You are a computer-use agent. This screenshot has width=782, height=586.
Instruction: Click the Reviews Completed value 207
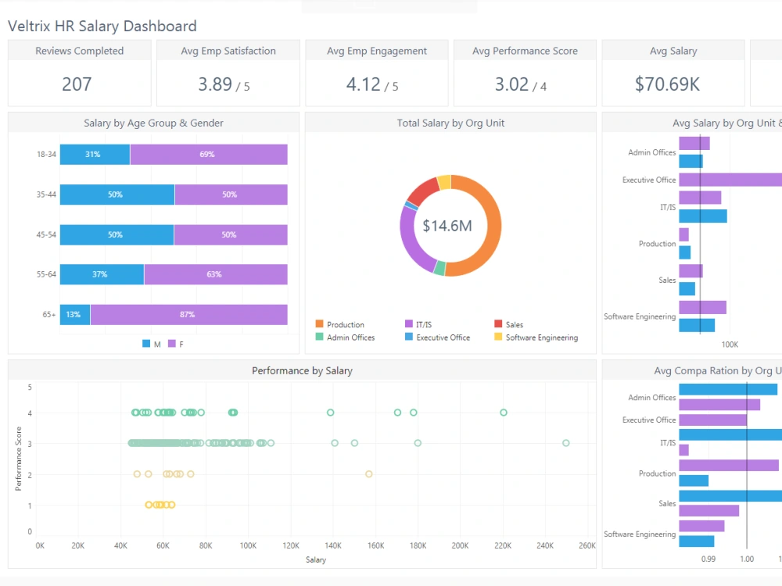[x=77, y=84]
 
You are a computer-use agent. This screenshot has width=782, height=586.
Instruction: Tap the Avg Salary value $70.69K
[x=667, y=84]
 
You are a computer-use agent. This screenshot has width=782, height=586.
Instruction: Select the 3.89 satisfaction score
[x=215, y=84]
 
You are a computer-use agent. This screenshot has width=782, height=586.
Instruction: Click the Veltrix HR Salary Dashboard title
[x=102, y=27]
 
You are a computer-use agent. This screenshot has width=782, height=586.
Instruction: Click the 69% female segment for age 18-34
[x=207, y=155]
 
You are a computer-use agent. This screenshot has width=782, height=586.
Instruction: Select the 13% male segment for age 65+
[x=74, y=315]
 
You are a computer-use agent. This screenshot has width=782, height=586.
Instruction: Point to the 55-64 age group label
[x=46, y=274]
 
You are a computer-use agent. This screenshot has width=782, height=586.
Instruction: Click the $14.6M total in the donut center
[x=447, y=226]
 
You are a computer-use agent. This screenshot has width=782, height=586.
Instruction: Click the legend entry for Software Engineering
[x=541, y=338]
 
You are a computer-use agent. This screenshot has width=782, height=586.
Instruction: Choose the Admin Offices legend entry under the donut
[x=350, y=338]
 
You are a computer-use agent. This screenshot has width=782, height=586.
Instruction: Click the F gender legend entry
[x=181, y=344]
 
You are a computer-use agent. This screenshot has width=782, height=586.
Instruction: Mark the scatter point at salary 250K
[x=565, y=443]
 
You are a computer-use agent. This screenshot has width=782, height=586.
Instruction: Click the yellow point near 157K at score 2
[x=368, y=473]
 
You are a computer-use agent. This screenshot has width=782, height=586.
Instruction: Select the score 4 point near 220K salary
[x=504, y=413]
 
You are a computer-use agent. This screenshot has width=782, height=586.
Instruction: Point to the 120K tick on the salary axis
[x=291, y=545]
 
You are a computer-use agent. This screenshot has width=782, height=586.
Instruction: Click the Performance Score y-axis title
[x=19, y=458]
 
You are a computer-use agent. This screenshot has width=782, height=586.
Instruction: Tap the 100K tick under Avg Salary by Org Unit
[x=729, y=344]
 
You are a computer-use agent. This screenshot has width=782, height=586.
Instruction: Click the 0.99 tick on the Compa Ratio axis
[x=708, y=559]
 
